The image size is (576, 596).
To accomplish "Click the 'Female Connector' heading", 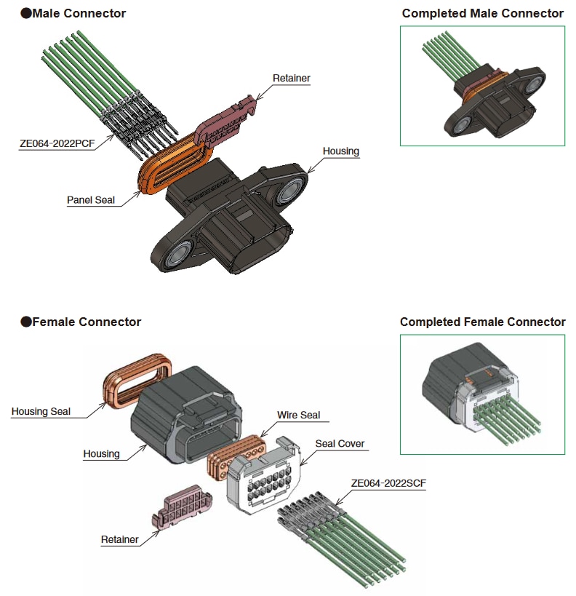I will pyautogui.click(x=86, y=322).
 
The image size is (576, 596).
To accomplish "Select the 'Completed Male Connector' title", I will pyautogui.click(x=482, y=13).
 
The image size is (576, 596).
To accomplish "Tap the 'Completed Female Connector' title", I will pyautogui.click(x=482, y=322).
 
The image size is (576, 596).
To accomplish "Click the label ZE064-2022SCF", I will pyautogui.click(x=388, y=482).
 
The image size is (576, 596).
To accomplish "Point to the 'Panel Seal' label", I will pyautogui.click(x=91, y=199).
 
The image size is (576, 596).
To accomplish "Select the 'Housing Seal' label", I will pyautogui.click(x=41, y=411).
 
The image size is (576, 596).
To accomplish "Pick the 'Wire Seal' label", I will pyautogui.click(x=298, y=415).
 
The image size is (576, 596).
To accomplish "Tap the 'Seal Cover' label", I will pyautogui.click(x=340, y=443).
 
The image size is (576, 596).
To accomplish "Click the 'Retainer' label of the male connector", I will pyautogui.click(x=291, y=78).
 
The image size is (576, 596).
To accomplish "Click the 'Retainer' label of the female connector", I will pyautogui.click(x=120, y=539).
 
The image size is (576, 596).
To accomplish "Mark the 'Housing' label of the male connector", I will pyautogui.click(x=341, y=151).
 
